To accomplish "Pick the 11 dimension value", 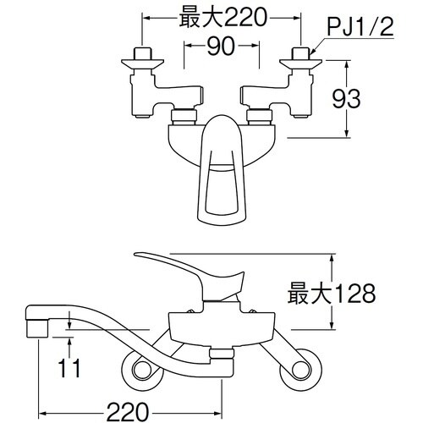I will click(71, 369).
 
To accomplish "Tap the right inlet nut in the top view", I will click(299, 58).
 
